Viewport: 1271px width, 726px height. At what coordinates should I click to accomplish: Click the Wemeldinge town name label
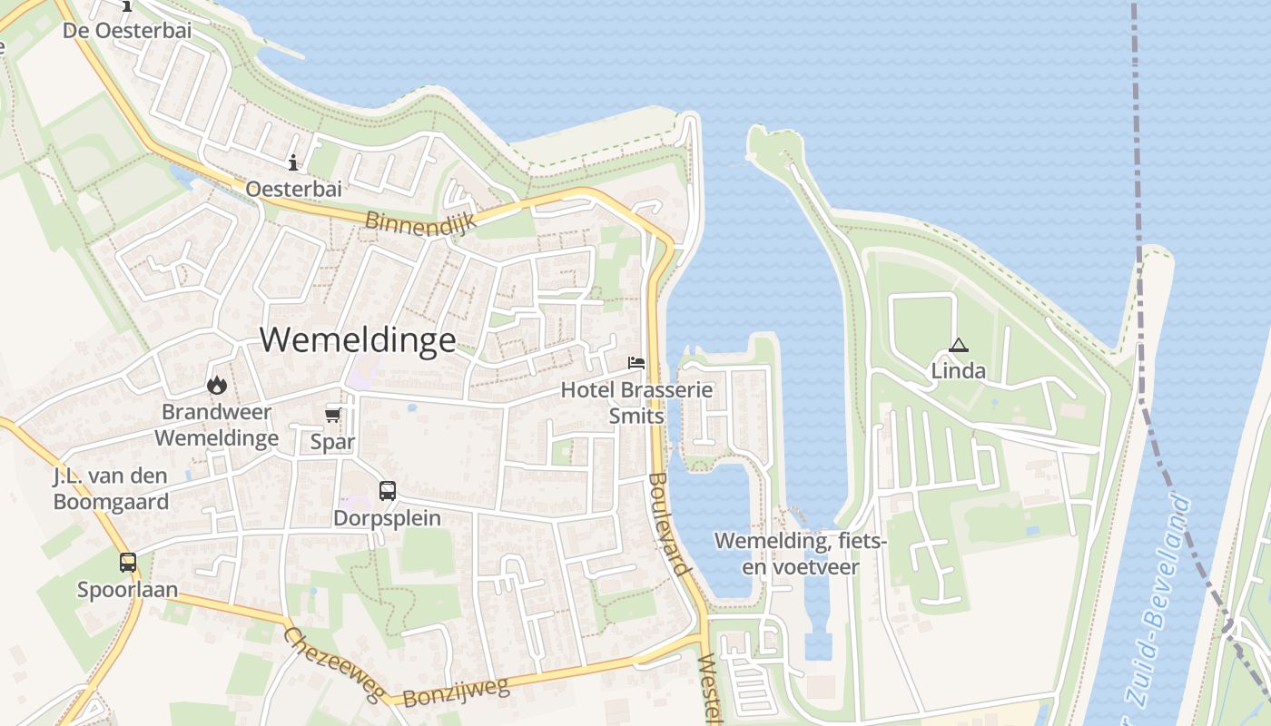pos(358,339)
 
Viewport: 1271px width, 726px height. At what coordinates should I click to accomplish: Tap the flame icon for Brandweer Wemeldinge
pos(216,385)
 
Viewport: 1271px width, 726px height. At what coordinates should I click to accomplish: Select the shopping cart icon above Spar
pos(333,415)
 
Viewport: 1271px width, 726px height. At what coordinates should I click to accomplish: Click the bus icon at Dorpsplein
pos(388,491)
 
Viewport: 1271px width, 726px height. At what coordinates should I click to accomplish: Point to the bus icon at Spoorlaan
pos(128,562)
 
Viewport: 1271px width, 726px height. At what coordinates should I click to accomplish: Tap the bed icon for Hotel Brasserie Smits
pos(636,363)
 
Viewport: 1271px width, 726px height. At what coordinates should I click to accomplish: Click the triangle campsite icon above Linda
pos(958,345)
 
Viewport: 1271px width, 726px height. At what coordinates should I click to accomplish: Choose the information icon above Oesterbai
pos(293,163)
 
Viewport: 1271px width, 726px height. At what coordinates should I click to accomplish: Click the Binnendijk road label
pos(421,221)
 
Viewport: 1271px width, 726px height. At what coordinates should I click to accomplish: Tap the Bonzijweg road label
pos(456,692)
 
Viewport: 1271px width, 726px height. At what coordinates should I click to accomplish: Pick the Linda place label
pos(958,371)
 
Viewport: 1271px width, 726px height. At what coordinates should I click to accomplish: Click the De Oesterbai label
pos(127,30)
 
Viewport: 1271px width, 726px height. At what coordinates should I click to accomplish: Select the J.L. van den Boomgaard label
pos(111,488)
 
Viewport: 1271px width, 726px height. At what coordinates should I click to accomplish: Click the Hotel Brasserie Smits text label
pos(636,403)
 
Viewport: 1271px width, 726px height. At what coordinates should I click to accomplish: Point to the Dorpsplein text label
pos(388,518)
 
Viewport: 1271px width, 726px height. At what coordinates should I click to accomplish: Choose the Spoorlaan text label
pos(127,590)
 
